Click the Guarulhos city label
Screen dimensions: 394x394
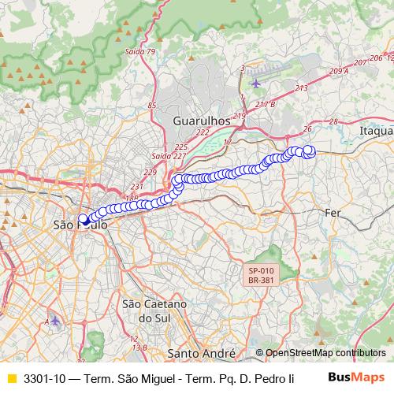point(201,121)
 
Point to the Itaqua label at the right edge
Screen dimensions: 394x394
point(375,130)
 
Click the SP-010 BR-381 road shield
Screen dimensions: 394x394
point(260,273)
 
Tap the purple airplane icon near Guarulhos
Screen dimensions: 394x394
point(257,82)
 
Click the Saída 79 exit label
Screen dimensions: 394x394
point(141,52)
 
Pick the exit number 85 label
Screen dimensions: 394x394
point(152,105)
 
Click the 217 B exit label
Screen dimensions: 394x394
point(266,104)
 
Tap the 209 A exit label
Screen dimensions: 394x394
point(339,71)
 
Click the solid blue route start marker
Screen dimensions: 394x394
point(83,219)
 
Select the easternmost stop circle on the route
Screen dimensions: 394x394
point(309,151)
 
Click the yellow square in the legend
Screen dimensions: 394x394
point(11,378)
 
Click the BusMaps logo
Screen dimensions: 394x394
point(355,377)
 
